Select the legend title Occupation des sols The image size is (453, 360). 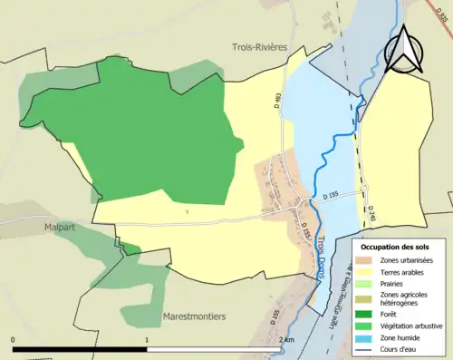[395, 246]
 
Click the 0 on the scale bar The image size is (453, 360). [14, 340]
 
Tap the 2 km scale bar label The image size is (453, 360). [286, 340]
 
